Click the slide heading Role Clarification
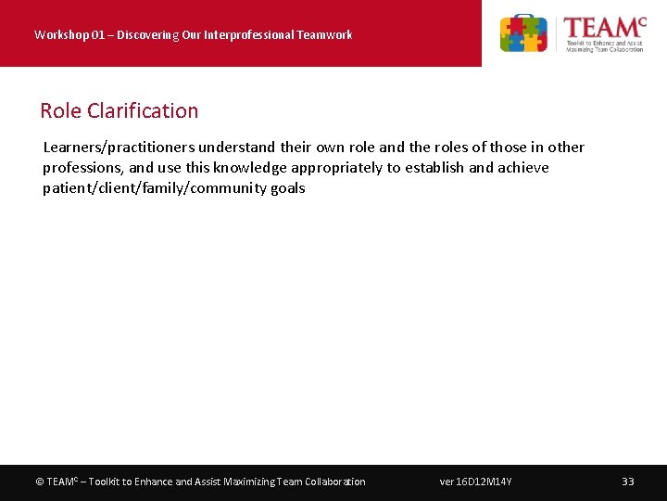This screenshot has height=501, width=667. pyautogui.click(x=119, y=110)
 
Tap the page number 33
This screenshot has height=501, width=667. pyautogui.click(x=628, y=482)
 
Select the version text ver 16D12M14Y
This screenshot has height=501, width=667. pyautogui.click(x=476, y=482)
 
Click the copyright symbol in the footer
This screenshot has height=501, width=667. pyautogui.click(x=39, y=482)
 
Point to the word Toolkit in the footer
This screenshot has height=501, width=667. pyautogui.click(x=102, y=482)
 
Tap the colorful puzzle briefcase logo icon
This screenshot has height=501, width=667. pyautogui.click(x=523, y=33)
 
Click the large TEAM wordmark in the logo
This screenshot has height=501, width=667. pyautogui.click(x=603, y=28)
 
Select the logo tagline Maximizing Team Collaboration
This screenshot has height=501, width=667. pyautogui.click(x=605, y=49)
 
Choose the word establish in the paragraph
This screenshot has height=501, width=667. pyautogui.click(x=434, y=168)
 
